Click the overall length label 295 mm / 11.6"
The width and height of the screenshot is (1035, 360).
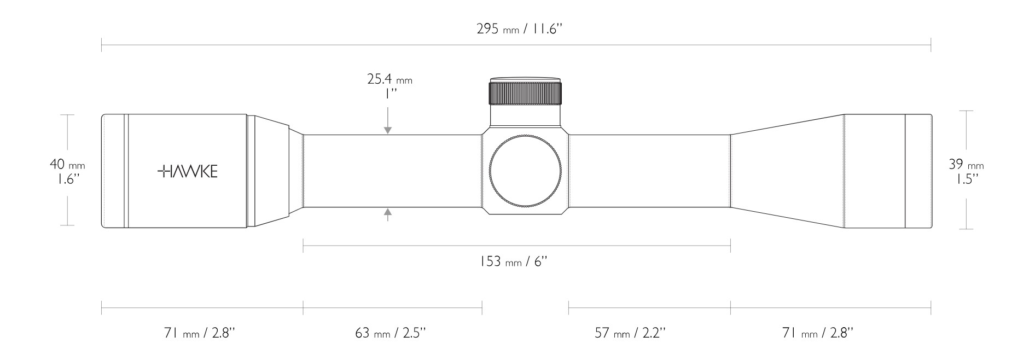tap(519, 29)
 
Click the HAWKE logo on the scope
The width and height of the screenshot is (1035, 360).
tap(188, 171)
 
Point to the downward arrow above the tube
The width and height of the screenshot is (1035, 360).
tap(388, 129)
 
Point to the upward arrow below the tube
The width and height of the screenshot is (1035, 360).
tap(388, 213)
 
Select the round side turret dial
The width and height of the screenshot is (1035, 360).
tap(526, 171)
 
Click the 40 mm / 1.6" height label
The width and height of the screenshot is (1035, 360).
tap(67, 171)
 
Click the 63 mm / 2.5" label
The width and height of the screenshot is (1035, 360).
tap(390, 333)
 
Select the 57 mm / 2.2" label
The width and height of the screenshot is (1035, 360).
tap(630, 333)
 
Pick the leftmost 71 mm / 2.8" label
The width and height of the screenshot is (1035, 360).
tap(200, 333)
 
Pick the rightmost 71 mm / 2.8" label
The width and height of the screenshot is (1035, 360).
tap(818, 333)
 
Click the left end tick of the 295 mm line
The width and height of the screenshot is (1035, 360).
tap(102, 45)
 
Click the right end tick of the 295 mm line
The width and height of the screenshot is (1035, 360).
tap(931, 45)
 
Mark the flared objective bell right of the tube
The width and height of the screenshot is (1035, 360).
tap(788, 171)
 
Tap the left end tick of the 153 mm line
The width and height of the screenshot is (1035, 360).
tap(303, 246)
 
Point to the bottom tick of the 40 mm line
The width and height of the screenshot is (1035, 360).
tap(67, 225)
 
